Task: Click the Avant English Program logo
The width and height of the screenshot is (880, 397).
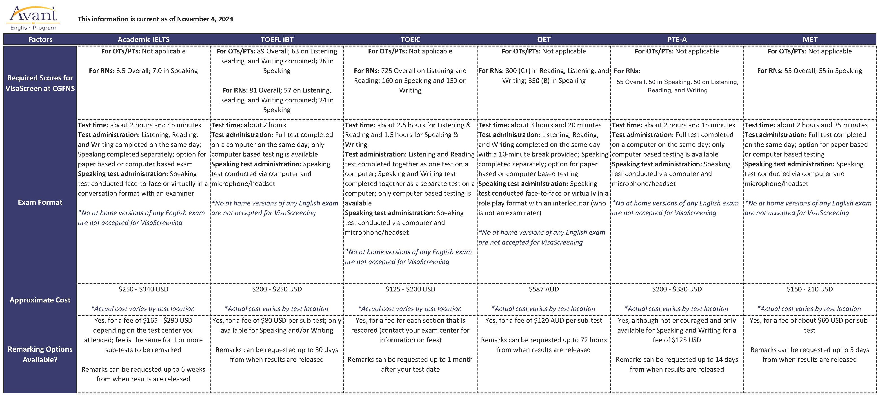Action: (x=33, y=18)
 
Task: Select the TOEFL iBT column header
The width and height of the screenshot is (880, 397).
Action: (x=277, y=40)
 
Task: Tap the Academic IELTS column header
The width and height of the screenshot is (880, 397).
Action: (x=143, y=40)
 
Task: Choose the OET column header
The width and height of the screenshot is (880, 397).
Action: (x=544, y=40)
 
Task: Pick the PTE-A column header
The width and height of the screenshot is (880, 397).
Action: (x=677, y=40)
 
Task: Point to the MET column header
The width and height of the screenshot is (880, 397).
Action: (x=810, y=40)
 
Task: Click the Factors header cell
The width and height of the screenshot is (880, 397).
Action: (x=40, y=40)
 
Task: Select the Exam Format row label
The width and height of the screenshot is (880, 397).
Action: (x=40, y=202)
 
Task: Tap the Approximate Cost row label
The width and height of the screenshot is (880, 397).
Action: (x=40, y=300)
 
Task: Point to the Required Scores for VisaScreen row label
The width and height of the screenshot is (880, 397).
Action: (x=40, y=83)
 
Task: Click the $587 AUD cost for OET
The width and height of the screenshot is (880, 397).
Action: (x=544, y=289)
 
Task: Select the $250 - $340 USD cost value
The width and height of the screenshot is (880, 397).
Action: (x=143, y=289)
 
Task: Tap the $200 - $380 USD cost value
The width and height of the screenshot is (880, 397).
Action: (x=677, y=289)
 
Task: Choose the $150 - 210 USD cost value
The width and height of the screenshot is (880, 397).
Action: (x=810, y=289)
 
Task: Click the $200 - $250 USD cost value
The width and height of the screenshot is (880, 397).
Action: (x=277, y=289)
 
